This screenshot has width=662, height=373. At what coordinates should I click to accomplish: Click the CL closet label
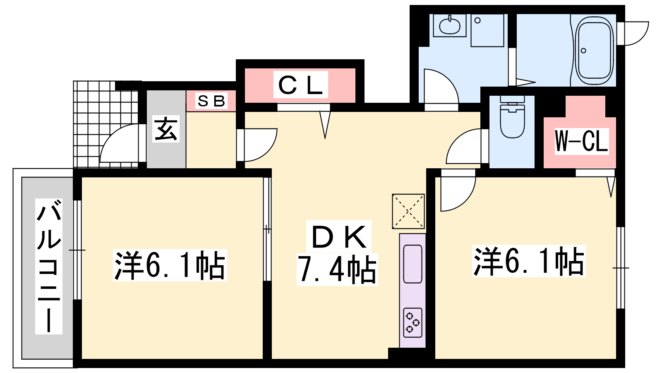(300, 85)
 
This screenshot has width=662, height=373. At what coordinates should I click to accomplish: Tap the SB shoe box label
(211, 101)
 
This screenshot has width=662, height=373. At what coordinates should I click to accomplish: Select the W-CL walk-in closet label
(581, 142)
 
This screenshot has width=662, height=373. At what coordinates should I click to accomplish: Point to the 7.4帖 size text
(337, 269)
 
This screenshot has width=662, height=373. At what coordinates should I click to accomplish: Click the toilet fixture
(513, 116)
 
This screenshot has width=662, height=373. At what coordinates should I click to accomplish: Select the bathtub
(595, 51)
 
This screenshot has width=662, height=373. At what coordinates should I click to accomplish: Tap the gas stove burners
(413, 322)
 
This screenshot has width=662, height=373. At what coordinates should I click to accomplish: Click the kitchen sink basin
(413, 264)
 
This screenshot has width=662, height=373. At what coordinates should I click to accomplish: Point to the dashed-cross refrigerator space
(408, 211)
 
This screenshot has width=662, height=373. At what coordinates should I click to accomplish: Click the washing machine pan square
(487, 31)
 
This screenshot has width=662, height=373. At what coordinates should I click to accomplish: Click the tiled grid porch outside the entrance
(106, 124)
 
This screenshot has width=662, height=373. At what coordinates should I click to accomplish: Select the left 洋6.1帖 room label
(170, 265)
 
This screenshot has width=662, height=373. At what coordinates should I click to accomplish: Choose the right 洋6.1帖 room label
(529, 261)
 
